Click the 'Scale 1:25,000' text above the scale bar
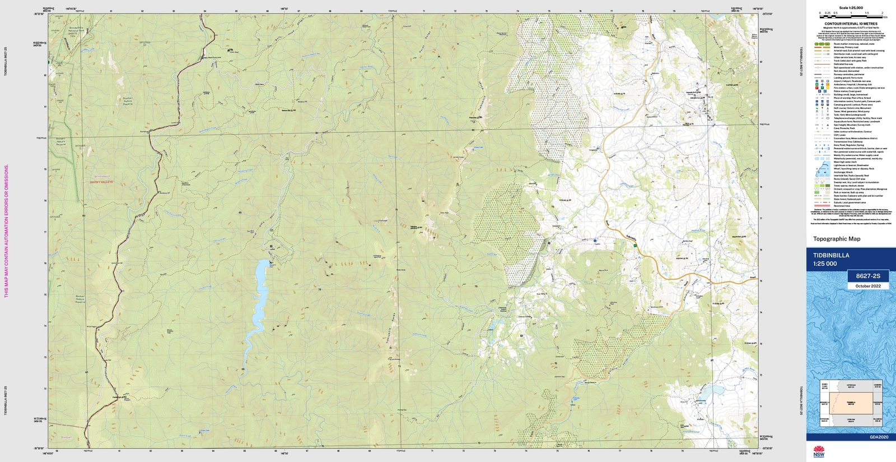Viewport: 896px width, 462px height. [851, 8]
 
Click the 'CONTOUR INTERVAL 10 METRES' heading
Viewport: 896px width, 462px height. [851, 24]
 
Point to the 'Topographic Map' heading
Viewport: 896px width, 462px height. [837, 239]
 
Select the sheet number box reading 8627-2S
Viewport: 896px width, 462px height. [868, 276]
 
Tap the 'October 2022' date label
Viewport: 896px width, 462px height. [868, 286]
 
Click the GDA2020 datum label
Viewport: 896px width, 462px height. [879, 437]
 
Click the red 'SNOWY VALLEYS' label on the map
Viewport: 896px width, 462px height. [101, 182]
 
